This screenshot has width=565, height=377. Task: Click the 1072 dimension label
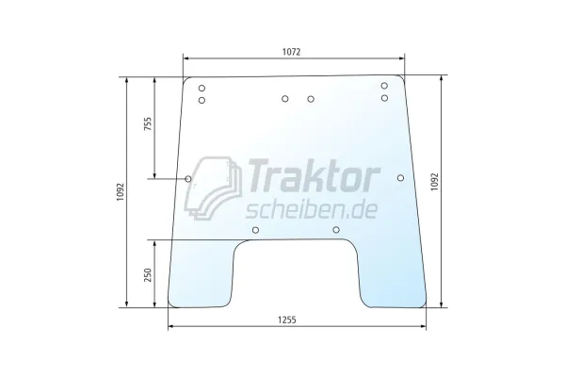pyautogui.click(x=291, y=52)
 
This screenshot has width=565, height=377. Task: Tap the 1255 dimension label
pyautogui.click(x=287, y=320)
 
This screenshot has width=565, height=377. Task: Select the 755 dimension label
pyautogui.click(x=148, y=123)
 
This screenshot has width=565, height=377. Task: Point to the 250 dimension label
pyautogui.click(x=148, y=275)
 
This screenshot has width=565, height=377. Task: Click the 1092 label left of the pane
pyautogui.click(x=121, y=192)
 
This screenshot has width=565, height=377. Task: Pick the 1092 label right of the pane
pyautogui.click(x=434, y=182)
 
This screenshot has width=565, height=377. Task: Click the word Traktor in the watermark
pyautogui.click(x=313, y=175)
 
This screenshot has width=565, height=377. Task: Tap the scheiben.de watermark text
pyautogui.click(x=312, y=209)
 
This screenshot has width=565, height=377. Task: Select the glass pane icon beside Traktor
pyautogui.click(x=213, y=188)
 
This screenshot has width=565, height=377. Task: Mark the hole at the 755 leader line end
pyautogui.click(x=188, y=179)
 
